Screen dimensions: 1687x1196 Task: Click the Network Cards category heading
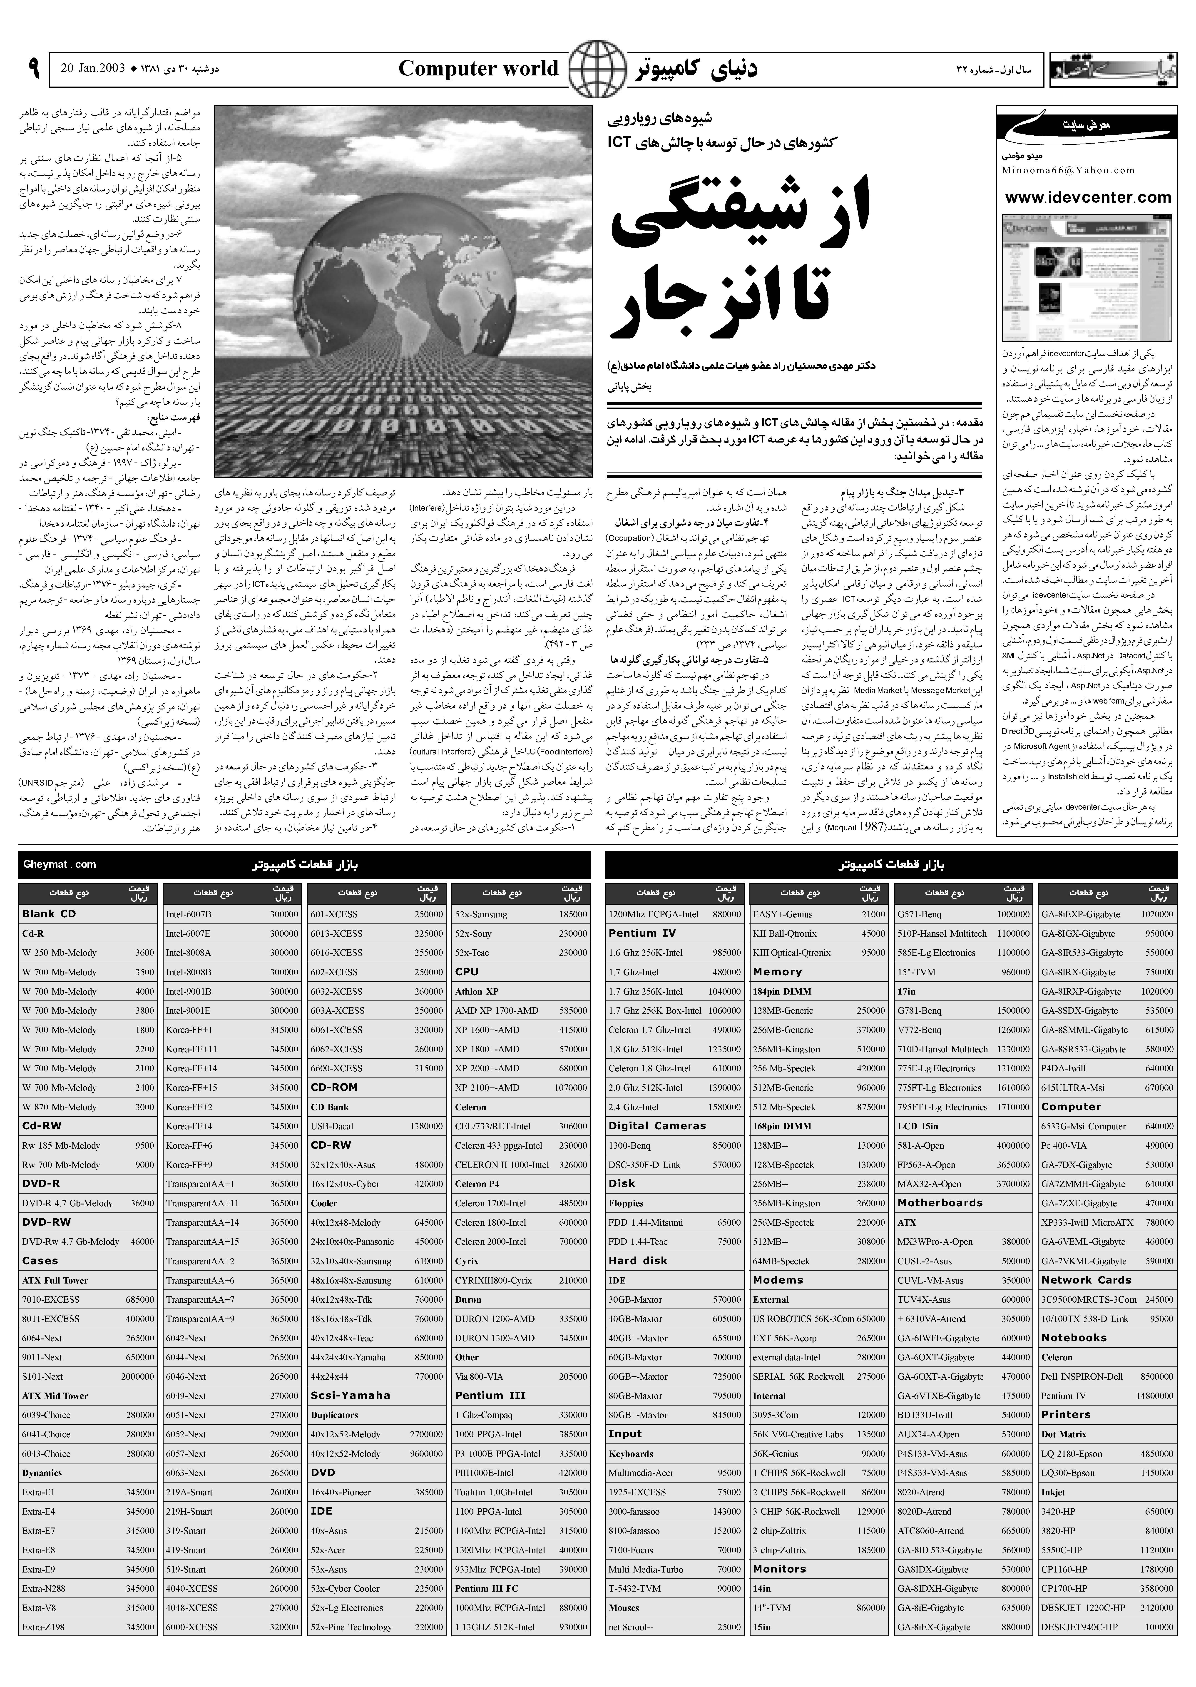(x=1086, y=1280)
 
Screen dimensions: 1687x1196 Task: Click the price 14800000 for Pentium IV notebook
(x=1155, y=1395)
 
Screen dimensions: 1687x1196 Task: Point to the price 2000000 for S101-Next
(x=138, y=1376)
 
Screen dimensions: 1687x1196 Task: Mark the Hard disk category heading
(x=638, y=1261)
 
